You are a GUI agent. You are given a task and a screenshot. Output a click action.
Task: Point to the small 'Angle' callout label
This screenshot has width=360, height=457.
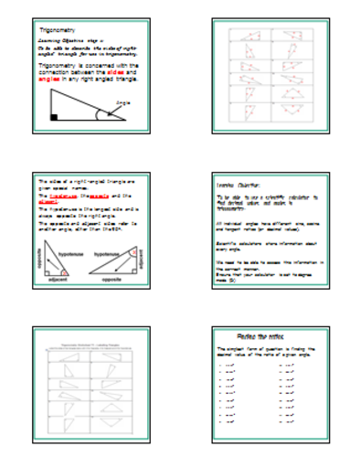click(123, 102)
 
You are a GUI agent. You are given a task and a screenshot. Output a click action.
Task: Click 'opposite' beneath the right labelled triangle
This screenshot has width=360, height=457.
click(113, 277)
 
